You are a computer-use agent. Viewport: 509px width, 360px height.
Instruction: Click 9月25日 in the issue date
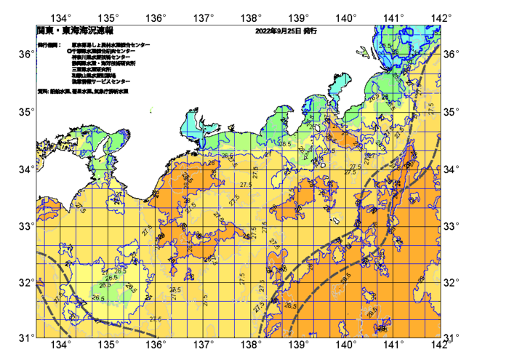click(x=288, y=31)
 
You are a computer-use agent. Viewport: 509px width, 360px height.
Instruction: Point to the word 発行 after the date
click(x=310, y=31)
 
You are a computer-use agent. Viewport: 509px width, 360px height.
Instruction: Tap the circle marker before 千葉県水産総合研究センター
click(x=68, y=52)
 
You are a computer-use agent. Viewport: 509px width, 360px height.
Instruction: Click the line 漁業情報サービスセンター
click(x=101, y=81)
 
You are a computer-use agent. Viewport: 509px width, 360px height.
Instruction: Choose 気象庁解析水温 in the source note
click(x=110, y=92)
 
